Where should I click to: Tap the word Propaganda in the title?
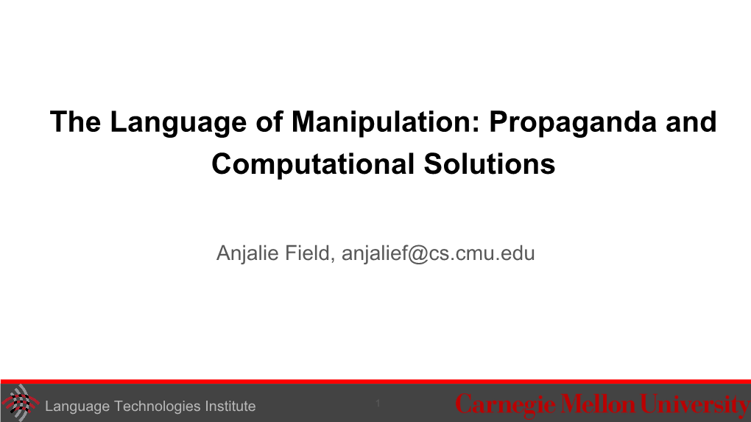click(x=573, y=123)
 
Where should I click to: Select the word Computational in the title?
click(x=313, y=164)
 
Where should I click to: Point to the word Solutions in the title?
click(x=490, y=163)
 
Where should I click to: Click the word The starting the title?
click(x=75, y=122)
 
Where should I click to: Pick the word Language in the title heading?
click(x=178, y=123)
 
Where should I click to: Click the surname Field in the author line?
click(x=309, y=253)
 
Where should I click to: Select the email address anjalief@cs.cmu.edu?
click(x=438, y=253)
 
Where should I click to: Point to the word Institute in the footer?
click(x=230, y=407)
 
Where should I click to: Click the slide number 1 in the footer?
click(x=378, y=404)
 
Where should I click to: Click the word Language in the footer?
click(x=77, y=407)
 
